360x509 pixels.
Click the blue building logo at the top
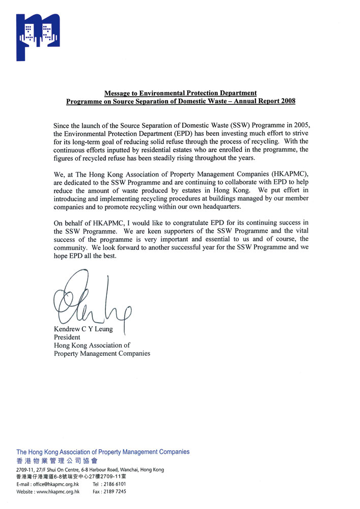click(38, 36)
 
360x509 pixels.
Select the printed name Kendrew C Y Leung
click(84, 329)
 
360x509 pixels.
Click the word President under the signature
click(67, 337)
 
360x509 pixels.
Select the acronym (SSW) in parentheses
click(203, 125)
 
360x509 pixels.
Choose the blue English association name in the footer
click(103, 451)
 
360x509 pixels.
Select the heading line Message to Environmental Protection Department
click(180, 93)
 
